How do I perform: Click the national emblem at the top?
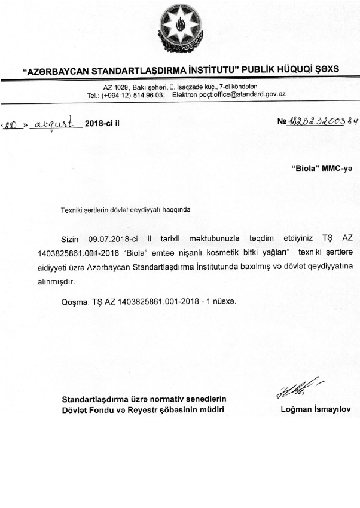(179, 29)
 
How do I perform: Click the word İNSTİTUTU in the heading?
(211, 70)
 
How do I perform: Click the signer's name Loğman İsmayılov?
(316, 409)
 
